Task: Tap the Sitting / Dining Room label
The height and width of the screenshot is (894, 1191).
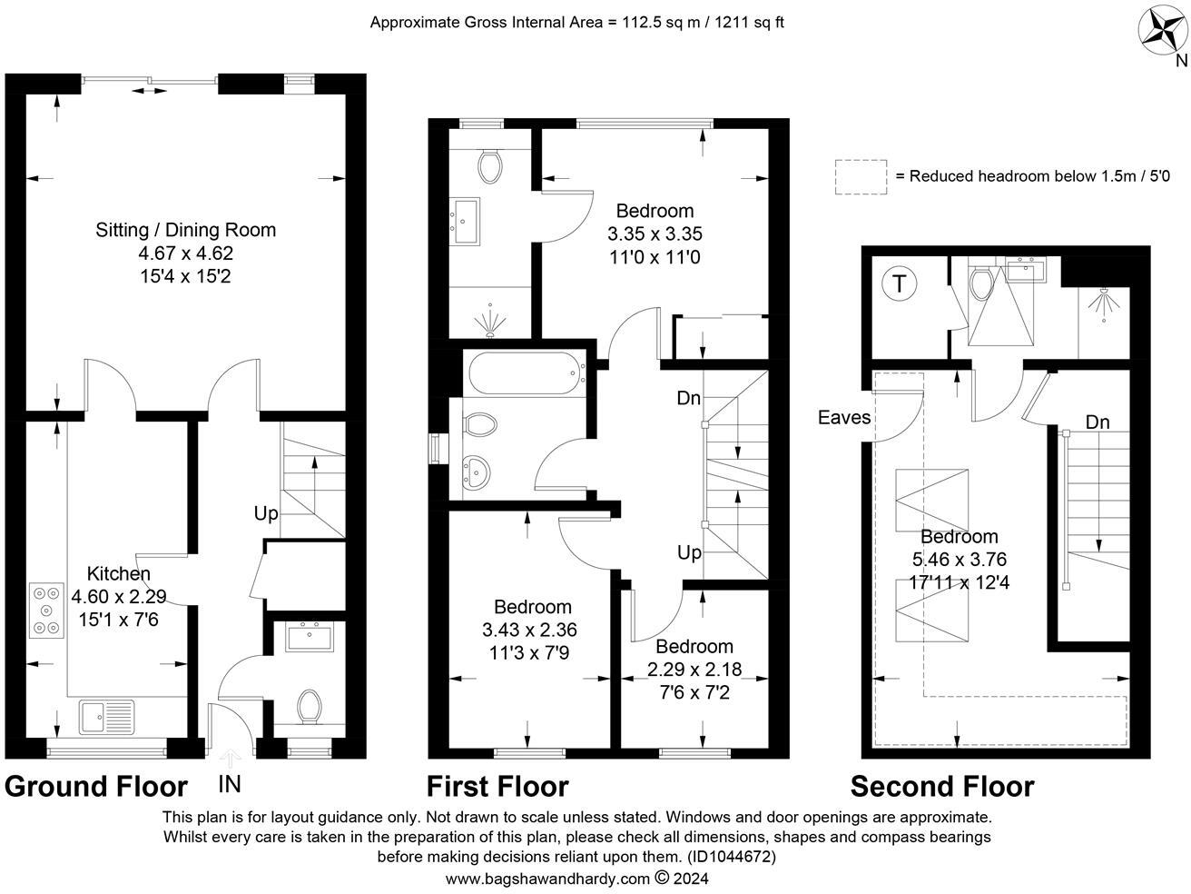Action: pyautogui.click(x=185, y=230)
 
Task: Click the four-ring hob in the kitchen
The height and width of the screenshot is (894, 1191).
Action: pyautogui.click(x=44, y=608)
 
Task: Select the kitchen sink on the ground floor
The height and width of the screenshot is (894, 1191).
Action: pyautogui.click(x=106, y=718)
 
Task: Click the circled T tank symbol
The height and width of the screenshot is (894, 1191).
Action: pyautogui.click(x=899, y=283)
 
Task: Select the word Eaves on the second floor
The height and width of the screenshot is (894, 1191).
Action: pyautogui.click(x=844, y=418)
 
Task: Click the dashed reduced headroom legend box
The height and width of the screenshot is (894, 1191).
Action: pyautogui.click(x=861, y=176)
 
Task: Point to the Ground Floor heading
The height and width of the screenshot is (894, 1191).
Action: pyautogui.click(x=96, y=787)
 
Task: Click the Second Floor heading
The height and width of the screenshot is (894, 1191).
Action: pyautogui.click(x=941, y=787)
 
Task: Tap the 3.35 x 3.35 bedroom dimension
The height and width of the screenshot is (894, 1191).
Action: pyautogui.click(x=655, y=234)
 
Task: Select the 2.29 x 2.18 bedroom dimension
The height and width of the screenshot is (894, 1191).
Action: pyautogui.click(x=694, y=670)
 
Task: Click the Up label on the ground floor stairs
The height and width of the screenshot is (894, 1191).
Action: pyautogui.click(x=265, y=513)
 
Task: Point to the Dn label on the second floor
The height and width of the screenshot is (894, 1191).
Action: pyautogui.click(x=1097, y=422)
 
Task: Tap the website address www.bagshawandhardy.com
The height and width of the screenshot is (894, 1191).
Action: pyautogui.click(x=548, y=879)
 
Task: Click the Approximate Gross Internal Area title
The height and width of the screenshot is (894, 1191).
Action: pyautogui.click(x=576, y=22)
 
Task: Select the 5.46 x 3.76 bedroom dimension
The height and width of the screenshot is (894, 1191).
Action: pyautogui.click(x=959, y=560)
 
